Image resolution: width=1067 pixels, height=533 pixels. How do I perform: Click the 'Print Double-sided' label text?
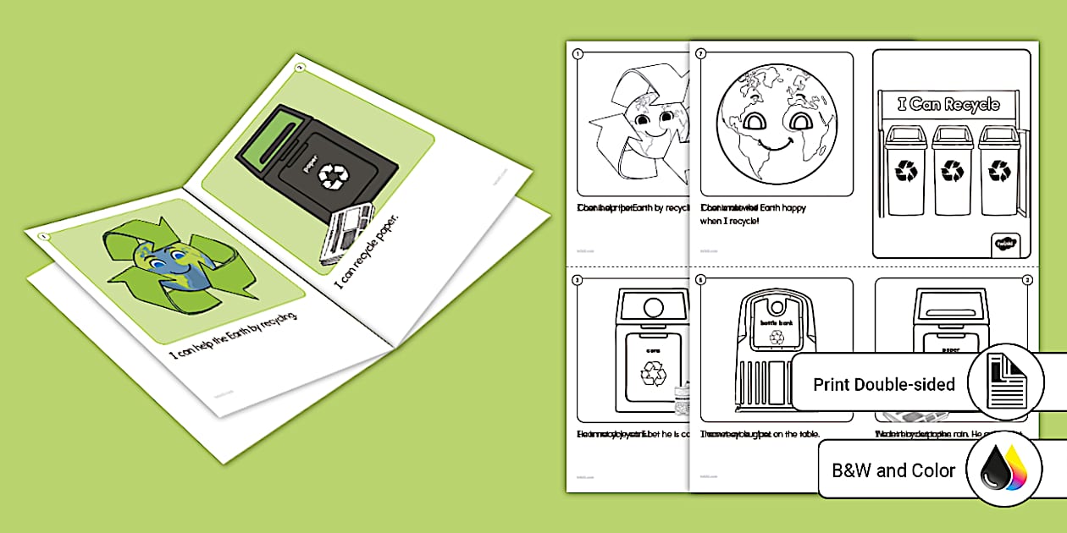[x=884, y=384]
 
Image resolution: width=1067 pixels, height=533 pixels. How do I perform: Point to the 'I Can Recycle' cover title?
[x=948, y=105]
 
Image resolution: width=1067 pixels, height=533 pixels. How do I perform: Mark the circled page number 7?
[x=700, y=53]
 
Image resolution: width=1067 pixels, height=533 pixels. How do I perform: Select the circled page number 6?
[x=700, y=279]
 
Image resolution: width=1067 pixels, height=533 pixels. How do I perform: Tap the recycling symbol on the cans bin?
[x=653, y=372]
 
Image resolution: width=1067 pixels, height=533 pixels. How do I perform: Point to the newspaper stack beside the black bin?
[x=346, y=245]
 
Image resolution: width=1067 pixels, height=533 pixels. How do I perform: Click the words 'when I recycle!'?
[x=730, y=221]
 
